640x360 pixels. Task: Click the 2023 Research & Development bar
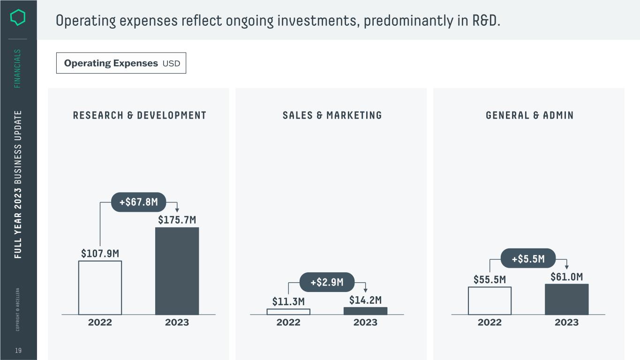point(177,271)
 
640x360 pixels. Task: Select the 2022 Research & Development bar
point(100,287)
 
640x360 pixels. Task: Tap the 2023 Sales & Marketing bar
point(365,311)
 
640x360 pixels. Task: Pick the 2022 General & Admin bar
point(489,300)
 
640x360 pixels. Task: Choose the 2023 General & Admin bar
point(566,299)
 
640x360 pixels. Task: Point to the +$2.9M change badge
point(327,282)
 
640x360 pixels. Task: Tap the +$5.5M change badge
point(528,258)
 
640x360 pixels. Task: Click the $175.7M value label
point(177,219)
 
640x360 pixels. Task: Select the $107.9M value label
point(100,254)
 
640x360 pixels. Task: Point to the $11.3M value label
point(288,301)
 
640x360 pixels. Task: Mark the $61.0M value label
point(566,277)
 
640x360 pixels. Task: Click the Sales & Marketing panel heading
point(332,115)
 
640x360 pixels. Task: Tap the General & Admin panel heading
point(529,115)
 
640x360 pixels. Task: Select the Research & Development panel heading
point(139,115)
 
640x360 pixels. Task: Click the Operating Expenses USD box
point(121,63)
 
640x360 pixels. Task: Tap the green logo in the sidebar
point(18,18)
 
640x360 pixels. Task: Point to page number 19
point(18,351)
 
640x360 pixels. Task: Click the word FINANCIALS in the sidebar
point(18,68)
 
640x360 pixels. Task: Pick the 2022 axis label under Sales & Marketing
point(288,322)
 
